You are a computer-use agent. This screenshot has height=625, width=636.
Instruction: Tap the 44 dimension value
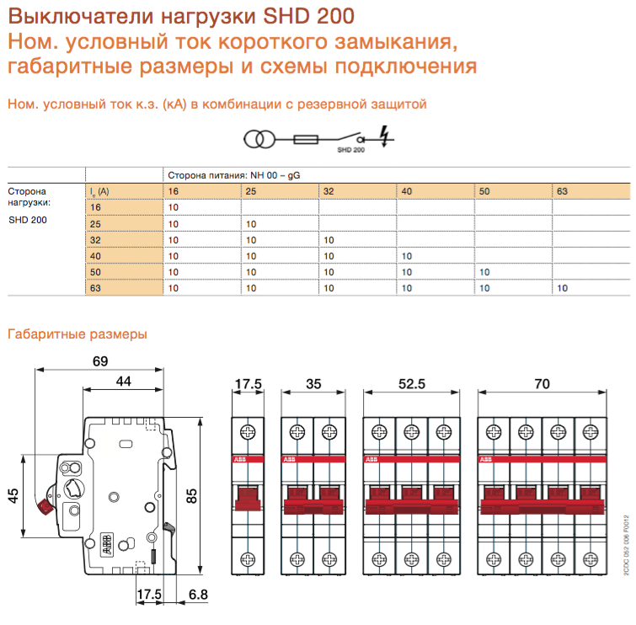pos(123,382)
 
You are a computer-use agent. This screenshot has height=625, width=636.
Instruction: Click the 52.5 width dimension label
pos(412,384)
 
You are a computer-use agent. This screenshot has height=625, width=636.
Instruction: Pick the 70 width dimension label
pos(542,384)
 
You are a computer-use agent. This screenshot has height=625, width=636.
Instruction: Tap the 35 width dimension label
pos(313,384)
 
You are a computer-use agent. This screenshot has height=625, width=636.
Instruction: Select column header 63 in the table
pos(563,192)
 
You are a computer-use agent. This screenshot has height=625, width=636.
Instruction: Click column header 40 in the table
pos(407,192)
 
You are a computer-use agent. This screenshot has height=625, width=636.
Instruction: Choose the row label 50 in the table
pos(95,272)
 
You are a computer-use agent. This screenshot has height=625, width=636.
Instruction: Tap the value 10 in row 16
pos(174,208)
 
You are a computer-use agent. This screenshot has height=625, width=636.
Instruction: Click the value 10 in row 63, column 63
pos(563,288)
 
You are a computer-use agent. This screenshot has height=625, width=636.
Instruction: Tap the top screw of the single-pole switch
pos(249,432)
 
